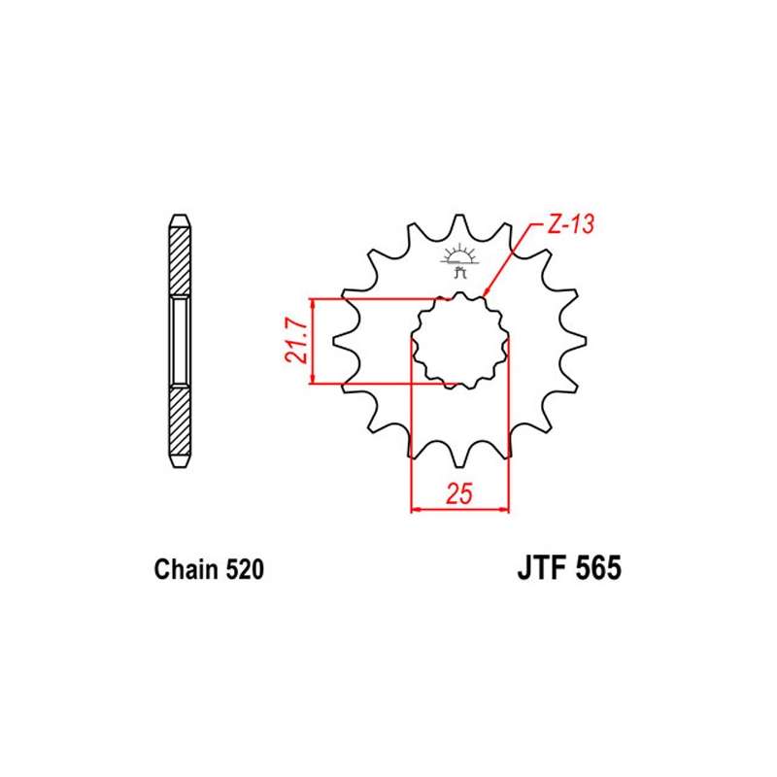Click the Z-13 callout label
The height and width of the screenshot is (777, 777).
pos(570,224)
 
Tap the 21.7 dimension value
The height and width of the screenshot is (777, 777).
pos(297,341)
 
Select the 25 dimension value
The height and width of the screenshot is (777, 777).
pos(459,493)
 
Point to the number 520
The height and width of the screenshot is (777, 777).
pos(245,569)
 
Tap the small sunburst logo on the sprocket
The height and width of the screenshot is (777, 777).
pos(459,260)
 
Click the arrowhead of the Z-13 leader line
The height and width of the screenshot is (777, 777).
pos(486,292)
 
